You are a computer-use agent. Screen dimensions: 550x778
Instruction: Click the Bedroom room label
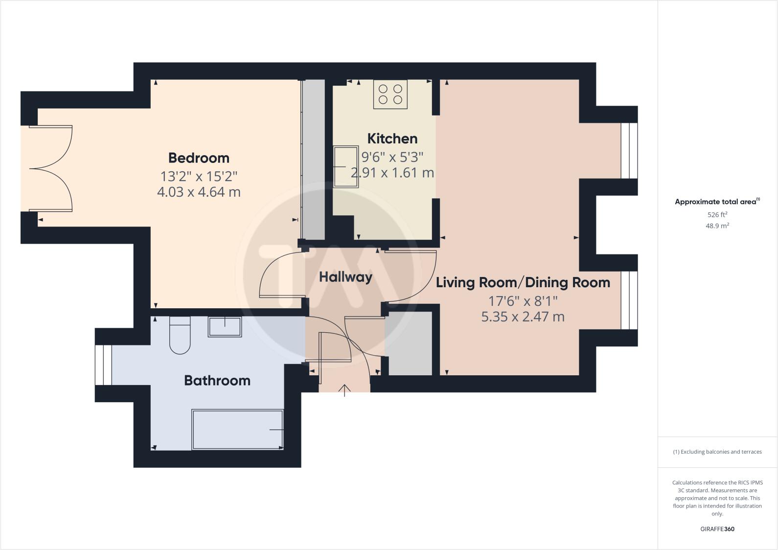pyautogui.click(x=199, y=158)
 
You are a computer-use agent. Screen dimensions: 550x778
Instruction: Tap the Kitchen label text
pyautogui.click(x=392, y=138)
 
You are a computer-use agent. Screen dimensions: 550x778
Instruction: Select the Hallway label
pyautogui.click(x=345, y=277)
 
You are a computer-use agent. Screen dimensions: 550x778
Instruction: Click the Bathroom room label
pyautogui.click(x=217, y=380)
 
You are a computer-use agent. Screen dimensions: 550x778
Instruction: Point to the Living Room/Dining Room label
pyautogui.click(x=523, y=282)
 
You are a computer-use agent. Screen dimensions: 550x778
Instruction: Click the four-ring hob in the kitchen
pyautogui.click(x=390, y=94)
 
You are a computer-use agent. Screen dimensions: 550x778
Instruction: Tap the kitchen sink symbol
pyautogui.click(x=346, y=167)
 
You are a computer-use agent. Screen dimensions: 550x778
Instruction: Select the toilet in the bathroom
pyautogui.click(x=180, y=335)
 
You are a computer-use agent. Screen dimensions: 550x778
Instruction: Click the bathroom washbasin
pyautogui.click(x=225, y=327)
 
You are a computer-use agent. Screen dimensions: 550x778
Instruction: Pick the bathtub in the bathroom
pyautogui.click(x=238, y=429)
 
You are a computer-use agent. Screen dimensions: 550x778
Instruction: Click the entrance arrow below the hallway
pyautogui.click(x=345, y=390)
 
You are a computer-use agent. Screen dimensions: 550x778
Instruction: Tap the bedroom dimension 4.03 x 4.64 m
pyautogui.click(x=199, y=192)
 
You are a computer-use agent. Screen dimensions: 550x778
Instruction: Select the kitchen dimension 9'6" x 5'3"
pyautogui.click(x=392, y=157)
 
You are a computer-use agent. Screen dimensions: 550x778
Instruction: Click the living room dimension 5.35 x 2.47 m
pyautogui.click(x=523, y=317)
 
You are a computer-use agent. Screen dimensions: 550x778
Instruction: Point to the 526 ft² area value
pyautogui.click(x=717, y=214)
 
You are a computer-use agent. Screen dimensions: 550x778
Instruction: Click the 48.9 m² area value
pyautogui.click(x=717, y=226)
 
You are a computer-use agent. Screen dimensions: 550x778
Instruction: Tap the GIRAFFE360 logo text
pyautogui.click(x=717, y=529)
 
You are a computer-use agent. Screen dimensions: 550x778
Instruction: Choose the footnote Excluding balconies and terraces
pyautogui.click(x=717, y=452)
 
